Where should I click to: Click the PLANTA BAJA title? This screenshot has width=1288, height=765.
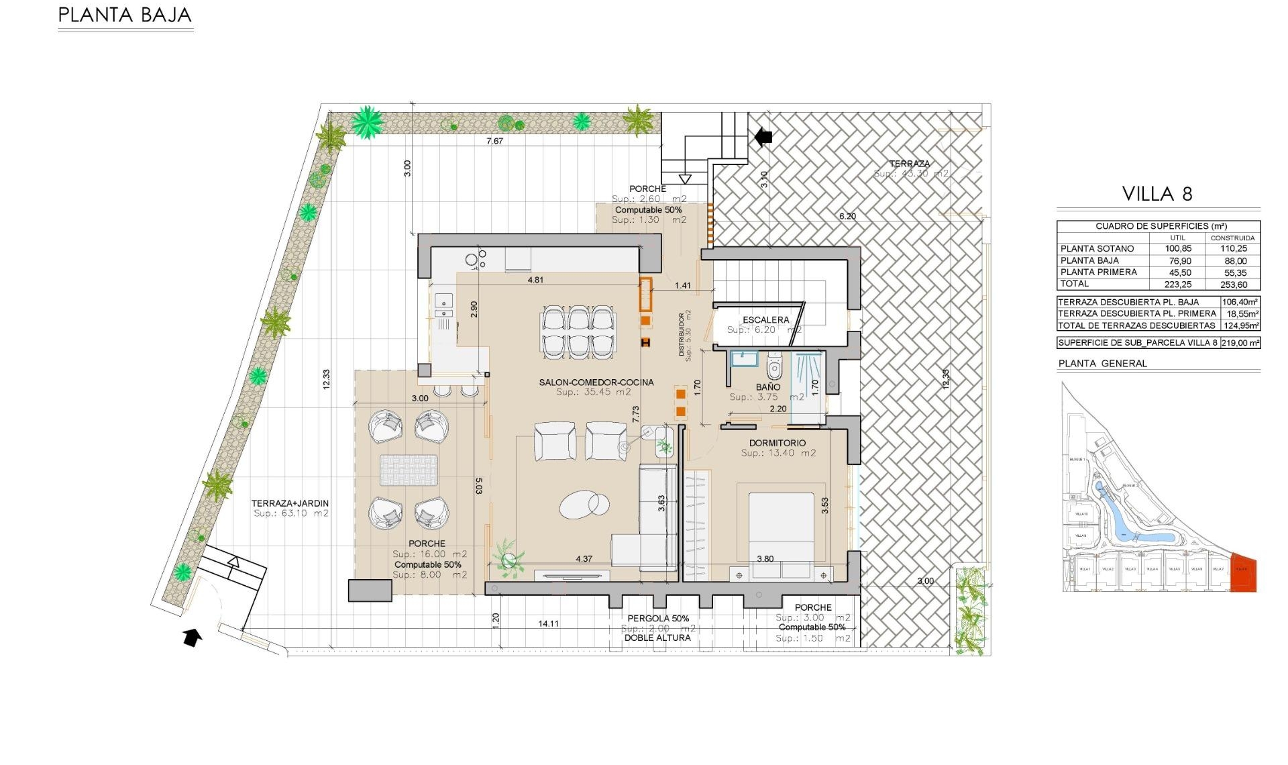click(125, 15)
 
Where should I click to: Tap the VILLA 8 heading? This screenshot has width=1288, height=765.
click(1157, 194)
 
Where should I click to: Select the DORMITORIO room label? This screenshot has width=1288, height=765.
click(777, 443)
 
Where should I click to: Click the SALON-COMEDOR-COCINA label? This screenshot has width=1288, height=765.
click(596, 382)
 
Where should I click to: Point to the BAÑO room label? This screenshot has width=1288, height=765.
click(768, 387)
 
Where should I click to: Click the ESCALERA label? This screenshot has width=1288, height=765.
click(765, 320)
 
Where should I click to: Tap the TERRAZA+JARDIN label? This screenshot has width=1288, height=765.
click(290, 503)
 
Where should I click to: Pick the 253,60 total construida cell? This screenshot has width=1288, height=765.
click(1233, 285)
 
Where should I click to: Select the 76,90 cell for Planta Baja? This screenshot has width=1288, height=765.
click(1178, 260)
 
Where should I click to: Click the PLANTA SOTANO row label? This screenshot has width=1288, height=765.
click(1097, 248)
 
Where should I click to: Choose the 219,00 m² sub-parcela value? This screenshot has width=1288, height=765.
click(1240, 342)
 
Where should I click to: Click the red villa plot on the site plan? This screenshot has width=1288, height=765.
click(1243, 574)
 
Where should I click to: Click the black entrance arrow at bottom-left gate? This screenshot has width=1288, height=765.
click(193, 637)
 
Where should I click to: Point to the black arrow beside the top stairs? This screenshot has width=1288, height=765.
click(763, 137)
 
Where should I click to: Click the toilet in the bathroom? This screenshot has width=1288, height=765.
click(774, 367)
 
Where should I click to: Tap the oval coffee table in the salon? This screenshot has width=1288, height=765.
click(584, 504)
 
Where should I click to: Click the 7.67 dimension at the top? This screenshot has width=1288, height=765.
click(494, 141)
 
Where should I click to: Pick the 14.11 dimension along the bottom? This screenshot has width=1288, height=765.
click(548, 623)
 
